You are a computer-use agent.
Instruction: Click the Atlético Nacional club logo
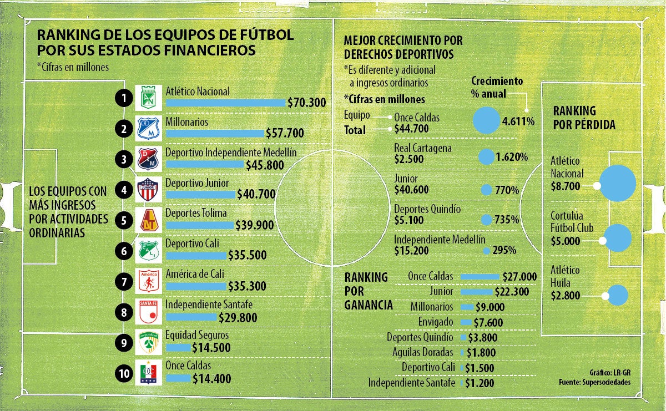pos(148,98)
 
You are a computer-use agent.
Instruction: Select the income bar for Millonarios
pos(215,133)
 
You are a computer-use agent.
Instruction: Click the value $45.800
pos(265,165)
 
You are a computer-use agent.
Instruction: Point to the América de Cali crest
pos(148,281)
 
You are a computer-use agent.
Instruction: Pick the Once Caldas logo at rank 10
pos(148,373)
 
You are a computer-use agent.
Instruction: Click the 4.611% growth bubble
pos(486,120)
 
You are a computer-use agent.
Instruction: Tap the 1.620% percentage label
pos(511,157)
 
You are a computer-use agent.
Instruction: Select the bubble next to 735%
pos(486,220)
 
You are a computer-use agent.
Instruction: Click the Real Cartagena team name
pos(422,148)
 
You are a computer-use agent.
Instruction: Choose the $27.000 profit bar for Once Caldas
pos(480,276)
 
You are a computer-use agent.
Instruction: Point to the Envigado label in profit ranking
pos(436,322)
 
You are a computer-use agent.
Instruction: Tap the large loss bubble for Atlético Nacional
pos(617,183)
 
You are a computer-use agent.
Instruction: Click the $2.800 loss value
pos(565,296)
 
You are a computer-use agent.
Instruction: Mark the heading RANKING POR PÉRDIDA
pos(584,118)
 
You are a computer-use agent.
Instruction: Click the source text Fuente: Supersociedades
pos(594,382)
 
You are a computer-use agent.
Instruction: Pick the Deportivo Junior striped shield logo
pos(148,190)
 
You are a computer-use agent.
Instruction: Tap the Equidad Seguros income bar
pos(178,348)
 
